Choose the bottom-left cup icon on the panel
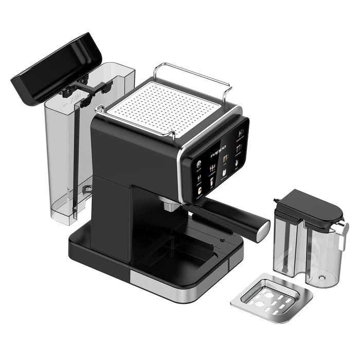(199, 189)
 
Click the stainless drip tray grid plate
(271, 298)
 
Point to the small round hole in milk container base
(322, 277)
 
